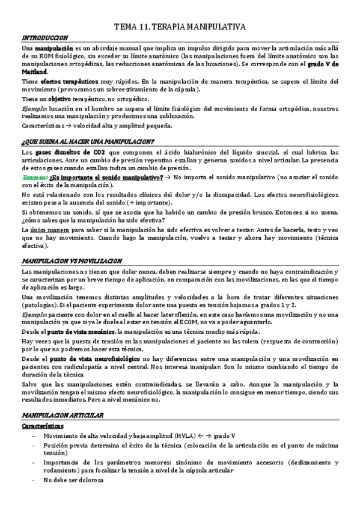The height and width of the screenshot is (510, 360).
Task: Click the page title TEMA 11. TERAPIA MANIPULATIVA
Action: tap(180, 27)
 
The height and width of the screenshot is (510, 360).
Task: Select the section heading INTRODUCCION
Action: tap(44, 37)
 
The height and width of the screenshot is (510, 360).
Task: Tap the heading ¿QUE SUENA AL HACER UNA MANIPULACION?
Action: tap(88, 142)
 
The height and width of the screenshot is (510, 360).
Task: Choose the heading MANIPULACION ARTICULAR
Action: tap(62, 415)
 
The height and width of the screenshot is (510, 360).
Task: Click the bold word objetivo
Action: tap(60, 99)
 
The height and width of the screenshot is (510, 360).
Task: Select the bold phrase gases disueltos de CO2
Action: tap(63, 153)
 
